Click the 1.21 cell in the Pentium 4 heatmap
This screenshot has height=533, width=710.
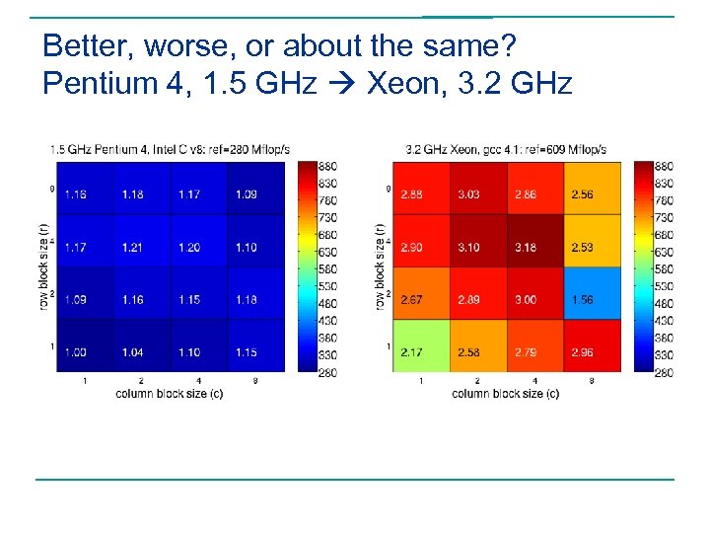point(132,247)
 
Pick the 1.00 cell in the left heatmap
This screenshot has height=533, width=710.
point(75,351)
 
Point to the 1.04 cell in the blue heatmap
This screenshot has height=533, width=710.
point(132,351)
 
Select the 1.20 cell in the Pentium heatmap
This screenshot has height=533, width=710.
point(189,247)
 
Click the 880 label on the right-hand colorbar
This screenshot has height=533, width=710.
point(664,167)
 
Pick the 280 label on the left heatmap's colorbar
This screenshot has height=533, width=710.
point(327,372)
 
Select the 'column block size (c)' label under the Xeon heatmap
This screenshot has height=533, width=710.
point(505,394)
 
